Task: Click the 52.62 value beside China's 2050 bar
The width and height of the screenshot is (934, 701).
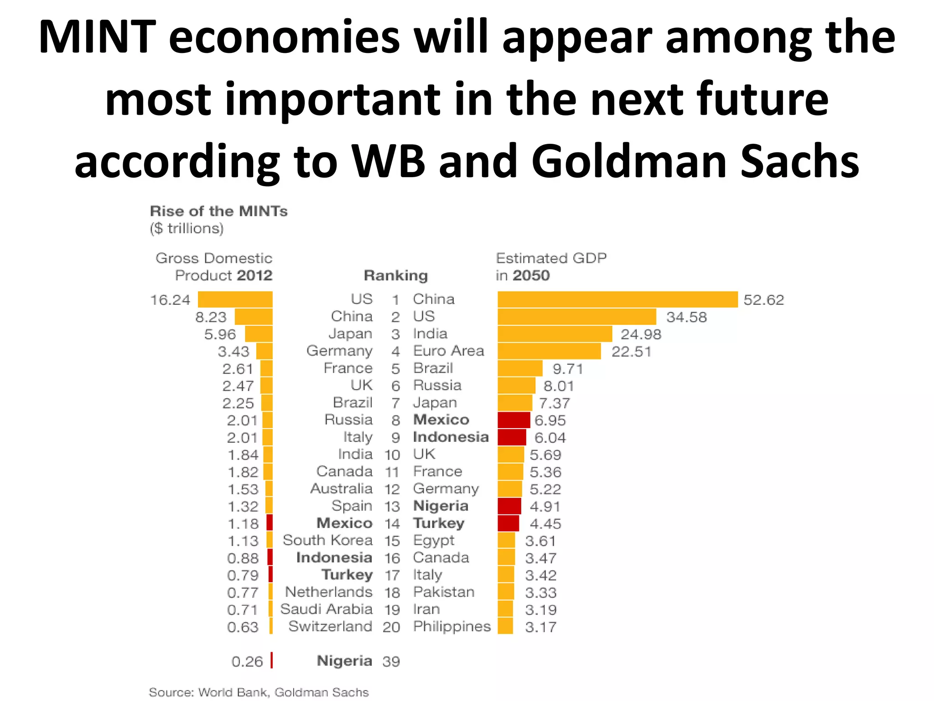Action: [x=763, y=300]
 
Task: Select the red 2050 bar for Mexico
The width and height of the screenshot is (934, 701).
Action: [x=514, y=420]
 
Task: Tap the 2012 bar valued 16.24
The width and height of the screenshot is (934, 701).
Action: [x=235, y=299]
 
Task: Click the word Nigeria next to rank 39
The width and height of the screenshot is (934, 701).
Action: [x=344, y=661]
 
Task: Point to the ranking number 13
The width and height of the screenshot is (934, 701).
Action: [x=392, y=507]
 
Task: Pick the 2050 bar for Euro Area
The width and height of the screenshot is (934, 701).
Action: [x=549, y=351]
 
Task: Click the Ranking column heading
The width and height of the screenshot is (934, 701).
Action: [x=395, y=275]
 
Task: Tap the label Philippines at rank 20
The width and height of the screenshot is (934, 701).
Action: [x=451, y=627]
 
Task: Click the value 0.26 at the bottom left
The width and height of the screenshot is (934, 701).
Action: [x=247, y=661]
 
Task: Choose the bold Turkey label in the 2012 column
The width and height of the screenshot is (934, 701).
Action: [x=347, y=575]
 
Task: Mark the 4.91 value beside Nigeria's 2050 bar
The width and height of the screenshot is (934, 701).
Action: [x=545, y=507]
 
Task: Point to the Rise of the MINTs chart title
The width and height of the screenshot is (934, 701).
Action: [x=218, y=211]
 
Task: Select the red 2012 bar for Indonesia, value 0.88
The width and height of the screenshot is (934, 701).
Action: [x=270, y=558]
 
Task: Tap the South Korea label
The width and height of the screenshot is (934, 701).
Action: [x=327, y=540]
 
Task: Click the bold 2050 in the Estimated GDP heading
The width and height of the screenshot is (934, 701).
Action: [x=531, y=276]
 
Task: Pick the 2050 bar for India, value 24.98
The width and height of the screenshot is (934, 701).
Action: [x=555, y=334]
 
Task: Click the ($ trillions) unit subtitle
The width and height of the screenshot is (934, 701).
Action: [x=187, y=228]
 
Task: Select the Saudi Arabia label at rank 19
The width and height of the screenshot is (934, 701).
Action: [x=326, y=609]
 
